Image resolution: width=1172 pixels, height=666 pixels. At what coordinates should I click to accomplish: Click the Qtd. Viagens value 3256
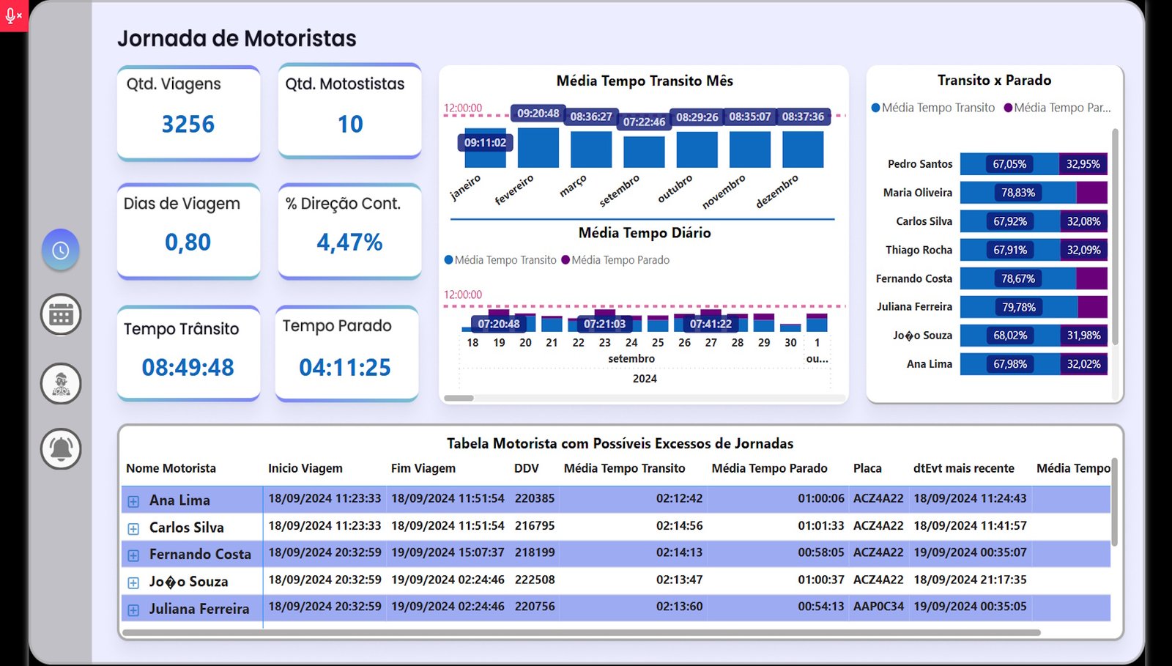click(x=188, y=125)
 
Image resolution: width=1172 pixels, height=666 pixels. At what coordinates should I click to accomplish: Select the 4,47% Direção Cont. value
click(x=349, y=243)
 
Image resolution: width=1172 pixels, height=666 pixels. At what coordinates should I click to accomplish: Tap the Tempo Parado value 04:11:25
click(x=345, y=367)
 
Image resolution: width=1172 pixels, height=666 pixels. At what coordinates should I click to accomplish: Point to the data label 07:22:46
click(x=644, y=122)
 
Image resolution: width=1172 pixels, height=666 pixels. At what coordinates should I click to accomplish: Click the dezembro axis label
click(x=777, y=191)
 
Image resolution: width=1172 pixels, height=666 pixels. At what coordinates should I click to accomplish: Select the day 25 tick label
click(x=658, y=342)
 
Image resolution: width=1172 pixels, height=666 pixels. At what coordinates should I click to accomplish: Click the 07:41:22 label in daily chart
click(x=711, y=324)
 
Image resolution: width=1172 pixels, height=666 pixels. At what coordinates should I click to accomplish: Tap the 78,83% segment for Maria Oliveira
click(x=1018, y=193)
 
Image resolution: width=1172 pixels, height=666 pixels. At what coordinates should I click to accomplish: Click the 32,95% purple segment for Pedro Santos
click(x=1083, y=164)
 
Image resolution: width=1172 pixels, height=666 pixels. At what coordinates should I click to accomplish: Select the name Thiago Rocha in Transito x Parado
click(x=919, y=250)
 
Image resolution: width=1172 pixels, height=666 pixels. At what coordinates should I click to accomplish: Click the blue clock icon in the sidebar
click(x=61, y=251)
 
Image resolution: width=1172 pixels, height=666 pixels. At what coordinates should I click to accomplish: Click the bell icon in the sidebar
click(x=61, y=448)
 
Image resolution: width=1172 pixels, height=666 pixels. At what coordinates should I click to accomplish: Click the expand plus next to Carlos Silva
click(x=133, y=529)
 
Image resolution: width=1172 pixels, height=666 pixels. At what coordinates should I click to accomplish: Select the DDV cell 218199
click(x=535, y=552)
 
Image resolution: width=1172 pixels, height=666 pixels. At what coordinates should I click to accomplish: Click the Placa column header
click(x=867, y=468)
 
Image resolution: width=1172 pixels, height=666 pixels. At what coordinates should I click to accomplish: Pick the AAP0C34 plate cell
click(x=878, y=607)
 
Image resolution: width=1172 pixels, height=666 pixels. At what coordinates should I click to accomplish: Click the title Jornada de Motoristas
click(x=237, y=38)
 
